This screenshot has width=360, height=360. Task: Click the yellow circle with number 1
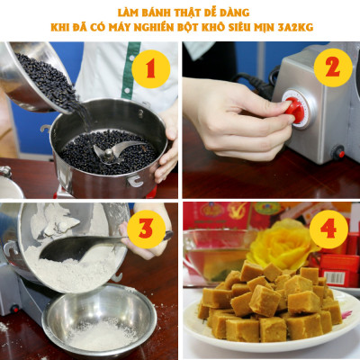tap(150, 69)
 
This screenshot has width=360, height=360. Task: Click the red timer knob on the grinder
tap(293, 111)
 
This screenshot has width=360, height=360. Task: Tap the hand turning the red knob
tap(229, 117)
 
